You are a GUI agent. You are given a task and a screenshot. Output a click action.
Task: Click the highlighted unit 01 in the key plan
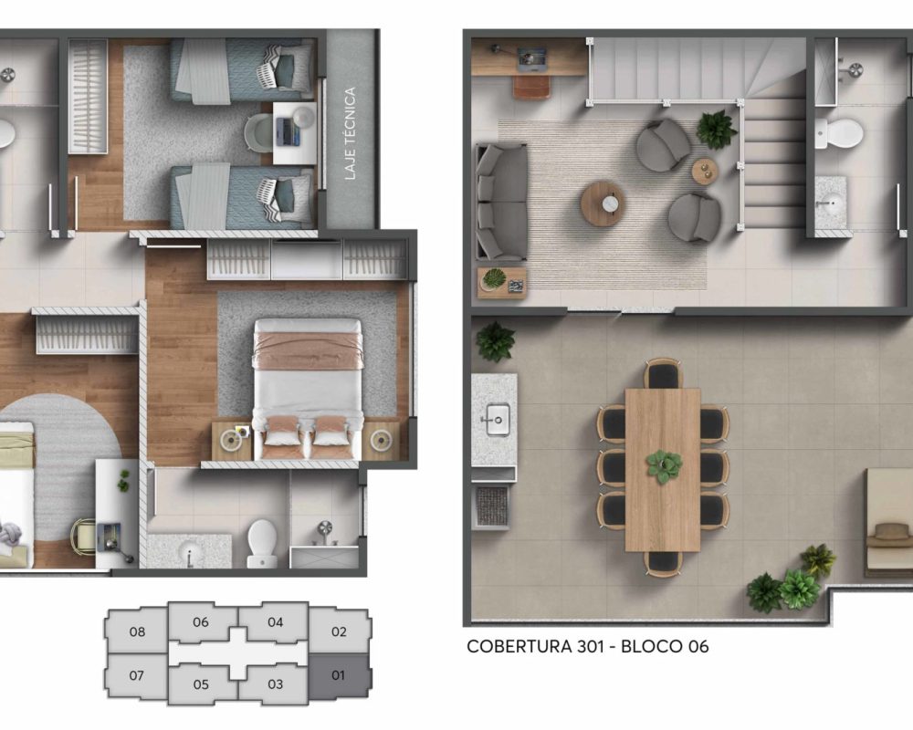339,676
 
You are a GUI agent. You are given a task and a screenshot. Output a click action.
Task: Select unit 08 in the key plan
137,631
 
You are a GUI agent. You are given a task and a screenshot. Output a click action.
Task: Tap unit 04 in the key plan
276,623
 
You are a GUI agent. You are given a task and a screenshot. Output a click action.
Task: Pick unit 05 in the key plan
201,684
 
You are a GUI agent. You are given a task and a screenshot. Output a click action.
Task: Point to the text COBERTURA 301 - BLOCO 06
587,647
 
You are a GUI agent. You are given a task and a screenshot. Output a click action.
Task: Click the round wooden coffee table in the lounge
603,203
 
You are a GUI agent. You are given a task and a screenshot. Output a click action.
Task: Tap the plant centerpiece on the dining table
664,465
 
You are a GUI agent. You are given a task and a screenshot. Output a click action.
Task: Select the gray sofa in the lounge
500,202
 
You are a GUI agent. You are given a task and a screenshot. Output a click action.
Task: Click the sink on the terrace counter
497,422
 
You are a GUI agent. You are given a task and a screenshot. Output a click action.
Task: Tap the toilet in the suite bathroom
261,542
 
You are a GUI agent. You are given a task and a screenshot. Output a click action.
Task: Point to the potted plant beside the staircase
717,129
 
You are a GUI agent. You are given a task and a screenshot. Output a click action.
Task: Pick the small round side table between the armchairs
704,171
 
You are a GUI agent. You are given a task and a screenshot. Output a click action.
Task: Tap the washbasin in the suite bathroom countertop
190,551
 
